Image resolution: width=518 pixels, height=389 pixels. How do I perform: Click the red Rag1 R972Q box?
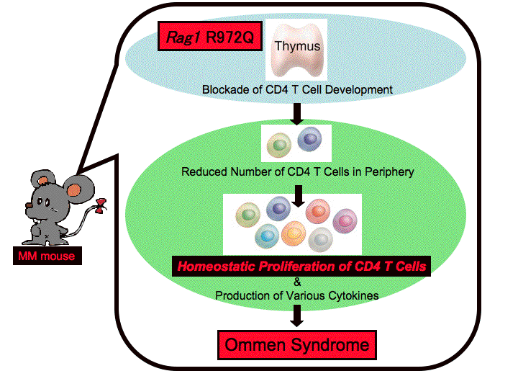tap(210, 36)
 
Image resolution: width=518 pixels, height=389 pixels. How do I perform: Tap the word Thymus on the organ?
tap(297, 46)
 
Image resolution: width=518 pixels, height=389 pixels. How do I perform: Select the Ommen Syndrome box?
tap(297, 345)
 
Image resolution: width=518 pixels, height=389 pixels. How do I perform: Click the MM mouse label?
tap(47, 256)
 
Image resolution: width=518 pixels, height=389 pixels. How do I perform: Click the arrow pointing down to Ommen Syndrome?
tap(297, 316)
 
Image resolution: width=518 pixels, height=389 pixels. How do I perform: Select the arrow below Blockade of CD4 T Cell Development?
tap(297, 114)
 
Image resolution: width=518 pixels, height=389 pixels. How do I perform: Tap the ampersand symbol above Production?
tap(297, 282)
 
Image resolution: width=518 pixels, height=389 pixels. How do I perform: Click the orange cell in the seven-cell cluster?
tap(294, 233)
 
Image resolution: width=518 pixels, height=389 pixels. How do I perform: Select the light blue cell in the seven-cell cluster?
tap(267, 236)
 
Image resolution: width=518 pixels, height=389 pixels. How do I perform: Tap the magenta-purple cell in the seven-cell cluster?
tap(345, 221)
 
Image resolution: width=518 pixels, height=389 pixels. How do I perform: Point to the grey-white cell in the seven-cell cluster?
tap(320, 239)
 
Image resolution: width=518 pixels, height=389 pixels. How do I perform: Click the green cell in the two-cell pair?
tap(279, 145)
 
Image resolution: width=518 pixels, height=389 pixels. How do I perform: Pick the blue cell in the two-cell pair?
tap(309, 139)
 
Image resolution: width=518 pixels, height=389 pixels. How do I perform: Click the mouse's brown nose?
tap(29, 205)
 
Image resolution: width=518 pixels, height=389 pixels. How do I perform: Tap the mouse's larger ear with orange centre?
tap(78, 190)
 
